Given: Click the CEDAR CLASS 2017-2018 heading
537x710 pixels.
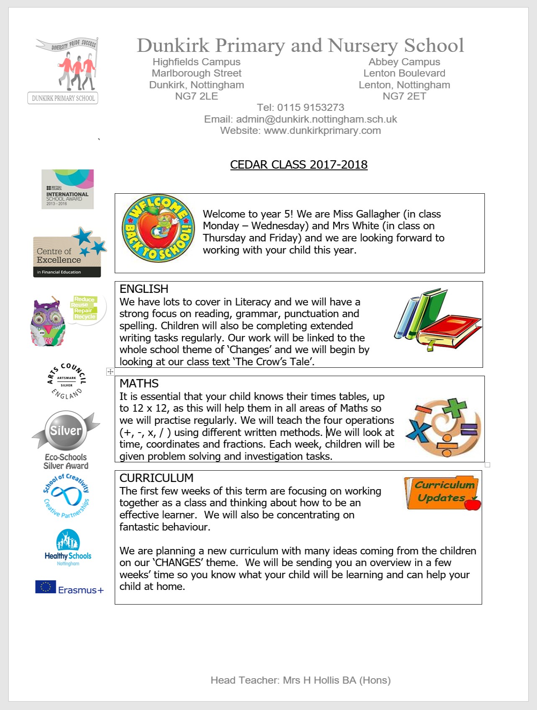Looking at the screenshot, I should [298, 164].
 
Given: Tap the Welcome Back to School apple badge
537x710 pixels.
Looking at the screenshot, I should [158, 228].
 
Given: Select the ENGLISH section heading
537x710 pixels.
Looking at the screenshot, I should [144, 289].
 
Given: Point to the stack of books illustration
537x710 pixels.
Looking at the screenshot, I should [438, 320].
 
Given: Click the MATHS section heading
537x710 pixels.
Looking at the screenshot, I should [139, 383].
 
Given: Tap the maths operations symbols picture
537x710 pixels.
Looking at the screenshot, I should [444, 426].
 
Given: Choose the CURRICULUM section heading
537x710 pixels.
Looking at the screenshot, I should [157, 478].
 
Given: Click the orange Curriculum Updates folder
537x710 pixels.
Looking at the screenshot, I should [442, 493].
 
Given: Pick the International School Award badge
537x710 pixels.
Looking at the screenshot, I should [67, 189].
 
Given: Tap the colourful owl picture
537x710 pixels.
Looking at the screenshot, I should [48, 322].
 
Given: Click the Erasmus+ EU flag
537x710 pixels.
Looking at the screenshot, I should [46, 587].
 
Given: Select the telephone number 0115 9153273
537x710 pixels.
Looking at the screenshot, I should [311, 108].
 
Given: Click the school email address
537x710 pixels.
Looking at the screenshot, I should [316, 119].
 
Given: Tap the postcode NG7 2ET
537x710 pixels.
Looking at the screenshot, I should [404, 96].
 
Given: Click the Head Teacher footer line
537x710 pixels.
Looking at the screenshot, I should [301, 680].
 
